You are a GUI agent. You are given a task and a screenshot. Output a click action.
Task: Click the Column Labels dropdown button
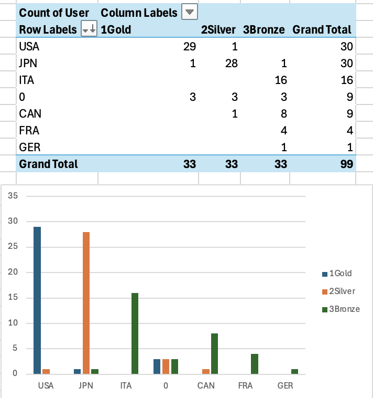coord(190,12)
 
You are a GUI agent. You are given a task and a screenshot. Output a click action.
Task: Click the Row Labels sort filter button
coord(89,30)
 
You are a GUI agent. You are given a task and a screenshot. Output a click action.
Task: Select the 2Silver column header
coord(218,30)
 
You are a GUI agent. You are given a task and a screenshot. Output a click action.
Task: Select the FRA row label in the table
coord(28,130)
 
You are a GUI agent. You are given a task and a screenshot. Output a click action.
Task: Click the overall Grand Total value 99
coord(345,164)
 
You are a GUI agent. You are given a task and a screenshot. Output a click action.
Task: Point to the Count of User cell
coord(54,13)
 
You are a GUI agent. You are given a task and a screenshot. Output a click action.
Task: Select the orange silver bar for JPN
coord(86,302)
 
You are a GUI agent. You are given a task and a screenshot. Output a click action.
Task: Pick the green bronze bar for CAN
coord(215,353)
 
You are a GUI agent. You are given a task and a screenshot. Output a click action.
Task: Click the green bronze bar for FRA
coord(255,363)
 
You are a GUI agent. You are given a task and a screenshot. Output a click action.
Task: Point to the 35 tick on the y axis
coord(14,196)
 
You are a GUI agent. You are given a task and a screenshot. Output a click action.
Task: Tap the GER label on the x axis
coord(286,385)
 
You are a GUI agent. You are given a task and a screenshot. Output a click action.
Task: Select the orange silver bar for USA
coord(46,371)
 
